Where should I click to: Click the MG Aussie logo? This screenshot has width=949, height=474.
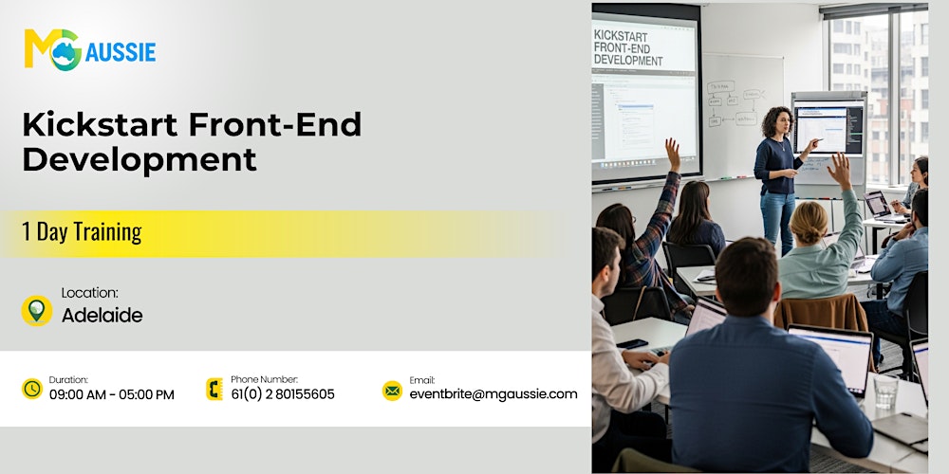pos(89,48)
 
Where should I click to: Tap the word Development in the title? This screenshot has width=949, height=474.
pos(140,158)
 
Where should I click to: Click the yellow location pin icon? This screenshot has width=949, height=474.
pos(36,310)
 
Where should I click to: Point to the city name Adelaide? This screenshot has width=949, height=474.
pos(102,316)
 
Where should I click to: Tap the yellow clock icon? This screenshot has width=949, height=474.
pos(32,389)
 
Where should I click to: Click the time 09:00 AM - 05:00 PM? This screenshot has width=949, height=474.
pos(112,394)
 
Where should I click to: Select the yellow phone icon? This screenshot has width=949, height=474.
pos(214,389)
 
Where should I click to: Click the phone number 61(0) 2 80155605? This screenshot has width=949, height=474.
pos(282,394)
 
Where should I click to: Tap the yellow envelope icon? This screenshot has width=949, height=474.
pos(392,390)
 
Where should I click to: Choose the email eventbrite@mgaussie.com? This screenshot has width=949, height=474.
pos(493,394)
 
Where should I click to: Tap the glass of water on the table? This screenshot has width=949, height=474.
pos(884,391)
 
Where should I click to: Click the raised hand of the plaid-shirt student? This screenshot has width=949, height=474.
pos(673,152)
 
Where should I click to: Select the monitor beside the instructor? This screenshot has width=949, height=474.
pos(828,128)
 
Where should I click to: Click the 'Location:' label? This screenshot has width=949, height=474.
pos(89,293)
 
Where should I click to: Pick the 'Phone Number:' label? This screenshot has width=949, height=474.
pos(264,379)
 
